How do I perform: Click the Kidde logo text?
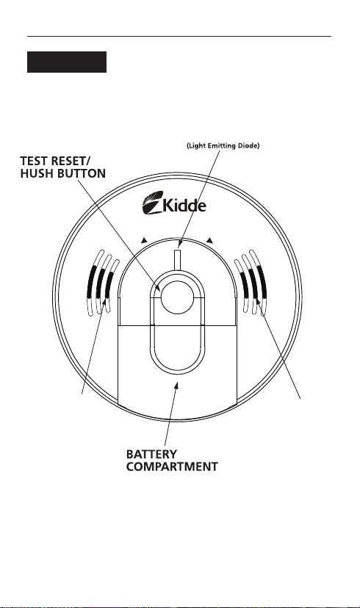184,205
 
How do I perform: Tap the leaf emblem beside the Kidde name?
153,203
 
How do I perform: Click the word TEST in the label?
34,161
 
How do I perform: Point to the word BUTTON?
79,173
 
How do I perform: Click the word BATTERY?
151,454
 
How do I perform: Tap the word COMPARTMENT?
172,466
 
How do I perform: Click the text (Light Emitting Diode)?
223,146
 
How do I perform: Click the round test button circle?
177,297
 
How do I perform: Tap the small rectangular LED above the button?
178,259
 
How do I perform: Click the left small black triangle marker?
144,240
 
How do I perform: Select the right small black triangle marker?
209,240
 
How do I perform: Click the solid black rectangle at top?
67,62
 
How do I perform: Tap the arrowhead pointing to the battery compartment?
177,385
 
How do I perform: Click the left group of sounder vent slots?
102,283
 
